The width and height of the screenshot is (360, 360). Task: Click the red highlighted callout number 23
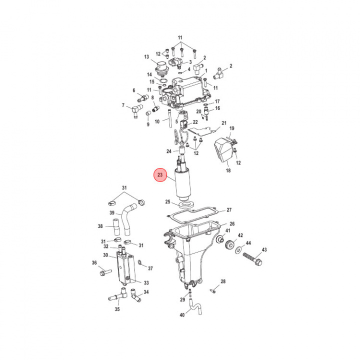coord(160,175)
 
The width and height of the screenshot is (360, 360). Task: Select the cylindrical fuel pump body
coord(183,183)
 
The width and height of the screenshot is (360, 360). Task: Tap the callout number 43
coord(264,249)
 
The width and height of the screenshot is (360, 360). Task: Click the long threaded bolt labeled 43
coord(252,259)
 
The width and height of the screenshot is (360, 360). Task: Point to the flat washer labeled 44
coord(238,250)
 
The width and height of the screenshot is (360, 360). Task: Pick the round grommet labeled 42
coord(229,244)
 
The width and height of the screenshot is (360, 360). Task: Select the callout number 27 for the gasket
coord(229,210)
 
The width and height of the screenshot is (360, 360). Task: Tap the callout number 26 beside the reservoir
coord(232,224)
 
